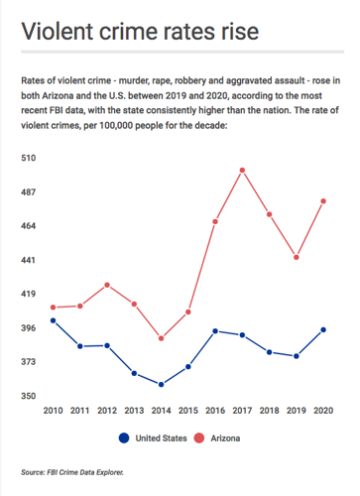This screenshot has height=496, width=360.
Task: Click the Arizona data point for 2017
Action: (242, 170)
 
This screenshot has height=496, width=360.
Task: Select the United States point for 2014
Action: (161, 384)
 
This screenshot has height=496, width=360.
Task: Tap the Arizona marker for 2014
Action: (161, 338)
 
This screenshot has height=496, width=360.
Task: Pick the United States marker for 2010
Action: (53, 320)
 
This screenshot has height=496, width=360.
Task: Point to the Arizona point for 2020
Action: (323, 201)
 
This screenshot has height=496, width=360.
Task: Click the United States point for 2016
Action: (215, 331)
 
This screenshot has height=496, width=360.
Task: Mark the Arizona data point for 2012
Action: (107, 285)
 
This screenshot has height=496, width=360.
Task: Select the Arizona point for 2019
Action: (297, 257)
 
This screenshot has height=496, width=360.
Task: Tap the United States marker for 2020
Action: (323, 329)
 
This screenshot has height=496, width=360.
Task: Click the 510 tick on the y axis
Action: (29, 158)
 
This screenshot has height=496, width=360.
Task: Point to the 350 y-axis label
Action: (29, 396)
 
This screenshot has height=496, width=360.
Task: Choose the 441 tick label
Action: (29, 260)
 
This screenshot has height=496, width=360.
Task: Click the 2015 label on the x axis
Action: (187, 411)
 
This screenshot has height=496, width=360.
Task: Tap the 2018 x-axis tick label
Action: (269, 411)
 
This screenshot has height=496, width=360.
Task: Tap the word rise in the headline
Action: (237, 32)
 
